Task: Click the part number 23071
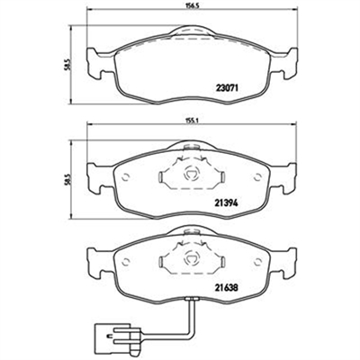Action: click(x=227, y=88)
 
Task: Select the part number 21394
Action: click(x=227, y=203)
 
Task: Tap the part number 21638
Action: click(x=227, y=288)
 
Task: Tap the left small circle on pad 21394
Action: click(x=126, y=177)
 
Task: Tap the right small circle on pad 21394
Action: click(x=257, y=177)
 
